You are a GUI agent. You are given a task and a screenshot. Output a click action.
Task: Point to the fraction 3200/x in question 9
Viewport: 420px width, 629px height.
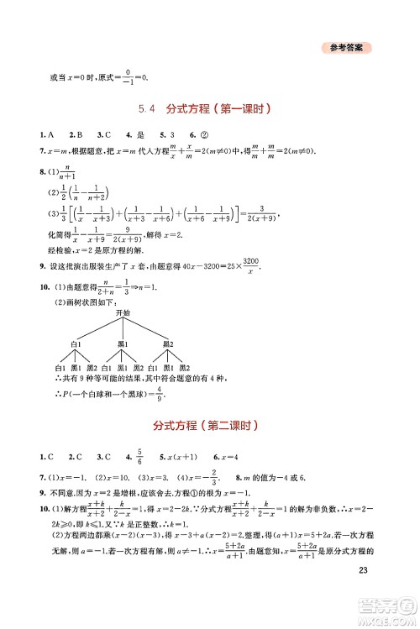249,266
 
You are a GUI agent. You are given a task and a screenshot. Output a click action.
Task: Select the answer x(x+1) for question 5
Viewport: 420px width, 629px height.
181,456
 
